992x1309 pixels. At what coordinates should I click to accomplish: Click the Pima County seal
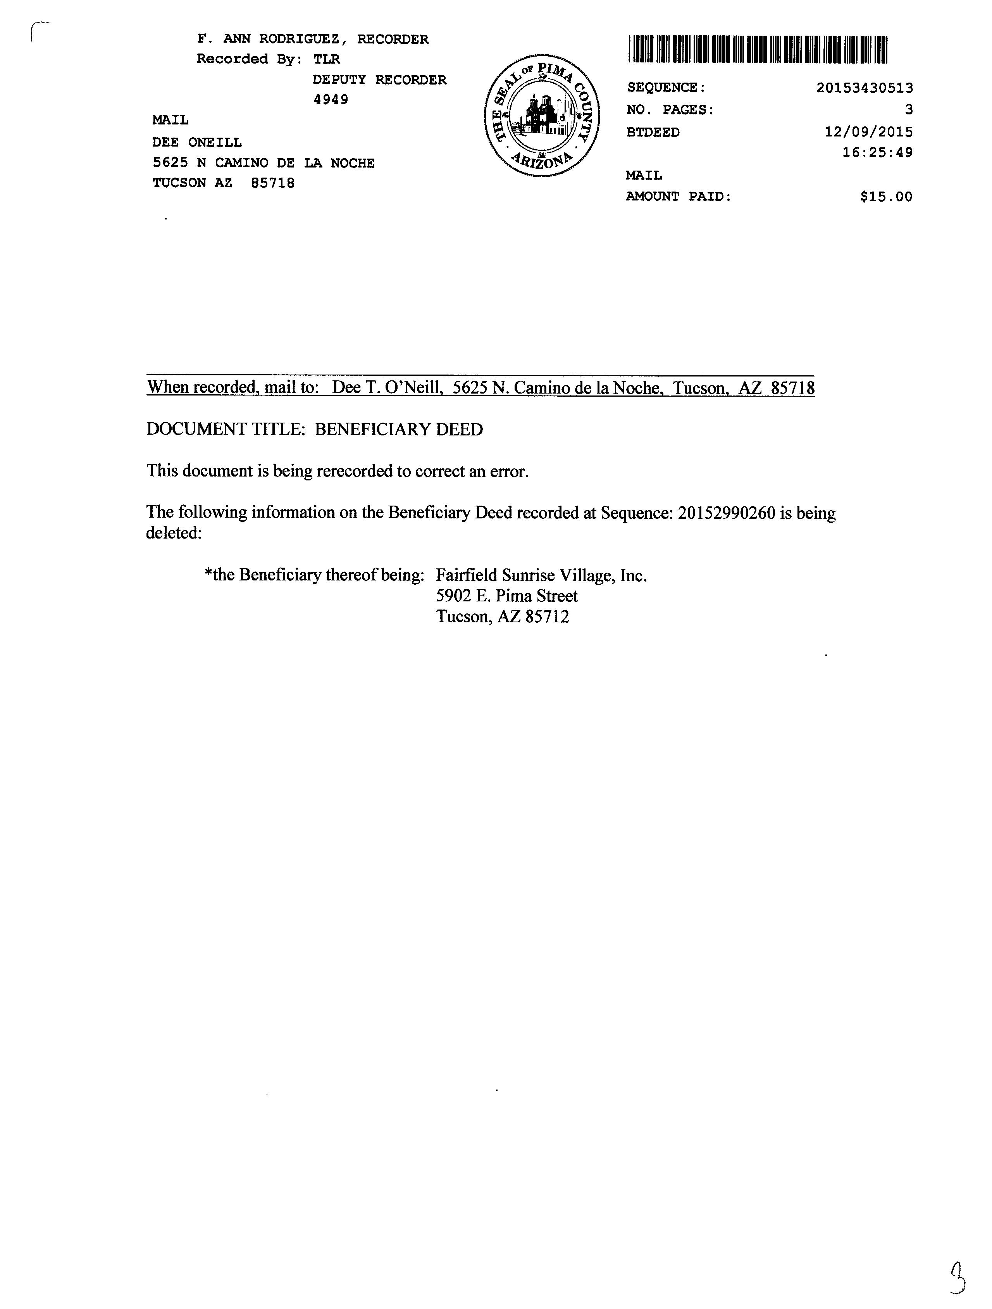[542, 116]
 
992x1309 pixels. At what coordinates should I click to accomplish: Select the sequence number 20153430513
[864, 88]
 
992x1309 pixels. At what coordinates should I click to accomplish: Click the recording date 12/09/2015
[868, 132]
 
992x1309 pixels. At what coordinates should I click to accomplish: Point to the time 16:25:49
[877, 153]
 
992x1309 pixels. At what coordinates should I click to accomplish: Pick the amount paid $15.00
[886, 197]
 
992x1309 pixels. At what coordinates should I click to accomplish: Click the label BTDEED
[653, 133]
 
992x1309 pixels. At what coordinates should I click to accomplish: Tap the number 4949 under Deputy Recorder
[331, 99]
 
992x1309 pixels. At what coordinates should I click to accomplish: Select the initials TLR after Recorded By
[327, 59]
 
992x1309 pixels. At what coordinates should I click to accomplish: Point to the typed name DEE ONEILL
[197, 143]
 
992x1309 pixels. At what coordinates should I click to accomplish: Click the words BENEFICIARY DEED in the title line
[399, 430]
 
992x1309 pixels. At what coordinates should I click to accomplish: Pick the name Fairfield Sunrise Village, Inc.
[541, 575]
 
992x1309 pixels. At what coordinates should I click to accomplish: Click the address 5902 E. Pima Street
[507, 596]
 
